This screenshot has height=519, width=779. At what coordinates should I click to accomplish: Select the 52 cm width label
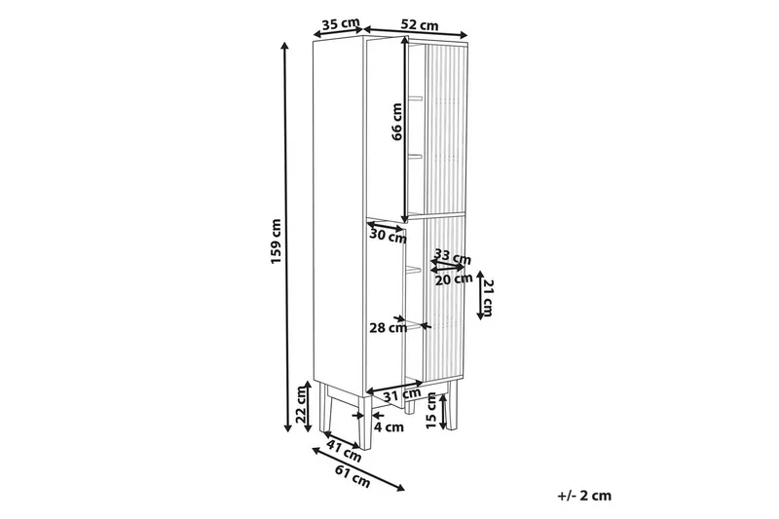tap(420, 23)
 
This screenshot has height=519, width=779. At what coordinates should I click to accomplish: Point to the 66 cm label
tap(397, 122)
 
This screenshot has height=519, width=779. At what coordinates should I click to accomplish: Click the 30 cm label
tap(388, 236)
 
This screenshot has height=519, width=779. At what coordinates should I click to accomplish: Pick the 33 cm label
tap(452, 258)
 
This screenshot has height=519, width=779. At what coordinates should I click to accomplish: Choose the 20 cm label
tap(454, 279)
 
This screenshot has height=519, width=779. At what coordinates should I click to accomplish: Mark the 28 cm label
tap(389, 328)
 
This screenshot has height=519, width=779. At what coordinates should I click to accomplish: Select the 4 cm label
tap(390, 426)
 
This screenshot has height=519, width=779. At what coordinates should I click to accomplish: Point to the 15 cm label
tap(431, 410)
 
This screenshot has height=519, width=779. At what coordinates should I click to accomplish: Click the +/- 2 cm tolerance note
tap(584, 496)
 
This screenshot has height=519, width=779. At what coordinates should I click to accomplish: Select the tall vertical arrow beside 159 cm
tap(285, 234)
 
